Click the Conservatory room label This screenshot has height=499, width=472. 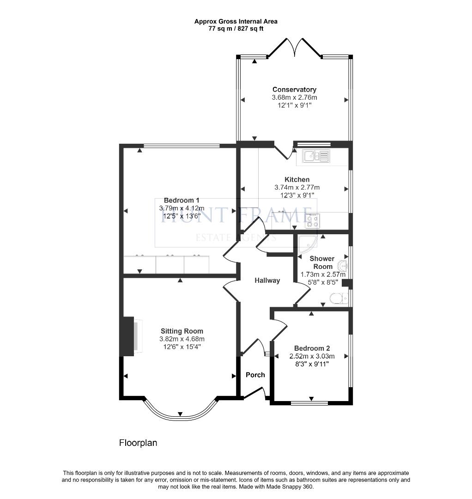coord(294,90)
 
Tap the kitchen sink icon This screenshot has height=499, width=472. coord(316,156)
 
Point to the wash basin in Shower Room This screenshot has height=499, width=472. coord(343,267)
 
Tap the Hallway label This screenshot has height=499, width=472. coord(267,280)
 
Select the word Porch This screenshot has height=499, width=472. coord(255,375)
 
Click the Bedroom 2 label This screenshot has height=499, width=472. coord(312,348)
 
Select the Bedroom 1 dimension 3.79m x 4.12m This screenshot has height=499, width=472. coord(182,208)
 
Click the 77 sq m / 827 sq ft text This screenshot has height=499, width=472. coord(236,29)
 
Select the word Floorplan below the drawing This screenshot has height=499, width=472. coord(138,443)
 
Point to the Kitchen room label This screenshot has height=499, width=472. coord(297,180)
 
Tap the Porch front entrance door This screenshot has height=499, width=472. coord(254,393)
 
